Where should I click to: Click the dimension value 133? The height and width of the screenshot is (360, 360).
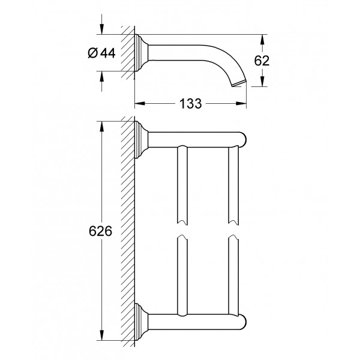[x=190, y=104]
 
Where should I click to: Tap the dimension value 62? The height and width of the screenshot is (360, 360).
[x=262, y=61]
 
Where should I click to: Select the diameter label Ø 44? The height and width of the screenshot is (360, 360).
[x=101, y=53]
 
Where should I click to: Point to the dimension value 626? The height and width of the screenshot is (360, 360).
[x=100, y=231]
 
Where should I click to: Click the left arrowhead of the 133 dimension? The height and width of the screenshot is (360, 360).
[x=140, y=104]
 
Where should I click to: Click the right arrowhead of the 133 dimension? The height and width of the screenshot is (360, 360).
[x=241, y=104]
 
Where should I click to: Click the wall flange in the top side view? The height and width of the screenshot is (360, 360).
[x=141, y=53]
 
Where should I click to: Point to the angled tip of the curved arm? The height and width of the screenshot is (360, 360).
[x=239, y=83]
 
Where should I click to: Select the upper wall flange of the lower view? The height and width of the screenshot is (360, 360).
[x=141, y=140]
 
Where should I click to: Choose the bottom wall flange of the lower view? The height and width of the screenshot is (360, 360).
[x=141, y=322]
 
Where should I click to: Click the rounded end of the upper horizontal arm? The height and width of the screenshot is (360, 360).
[x=243, y=139]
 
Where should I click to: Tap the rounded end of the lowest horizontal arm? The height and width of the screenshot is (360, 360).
[x=243, y=322]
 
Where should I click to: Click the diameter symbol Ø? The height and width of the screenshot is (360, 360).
[x=93, y=53]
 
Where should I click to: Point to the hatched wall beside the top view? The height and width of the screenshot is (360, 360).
[x=128, y=53]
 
